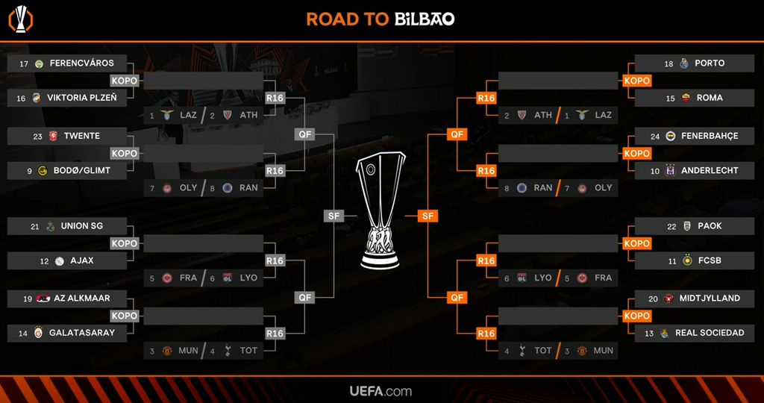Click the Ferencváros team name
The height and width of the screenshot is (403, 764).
81,63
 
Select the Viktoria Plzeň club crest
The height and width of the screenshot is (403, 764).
37,98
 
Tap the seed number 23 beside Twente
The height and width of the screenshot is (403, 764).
37,136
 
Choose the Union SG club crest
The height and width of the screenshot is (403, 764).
49,226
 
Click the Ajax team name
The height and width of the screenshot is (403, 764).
82,261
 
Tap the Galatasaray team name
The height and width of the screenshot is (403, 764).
82,333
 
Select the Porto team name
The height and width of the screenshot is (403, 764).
709,63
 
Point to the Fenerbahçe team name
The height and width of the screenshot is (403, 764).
709,136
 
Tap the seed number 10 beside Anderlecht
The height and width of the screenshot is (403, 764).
654,171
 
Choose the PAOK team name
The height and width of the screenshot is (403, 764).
709,226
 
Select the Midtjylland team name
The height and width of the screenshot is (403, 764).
709,299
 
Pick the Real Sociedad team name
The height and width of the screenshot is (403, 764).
709,333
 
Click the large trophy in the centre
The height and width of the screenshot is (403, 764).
381,213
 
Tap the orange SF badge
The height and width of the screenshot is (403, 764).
427,216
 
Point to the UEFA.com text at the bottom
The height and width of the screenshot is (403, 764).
381,391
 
